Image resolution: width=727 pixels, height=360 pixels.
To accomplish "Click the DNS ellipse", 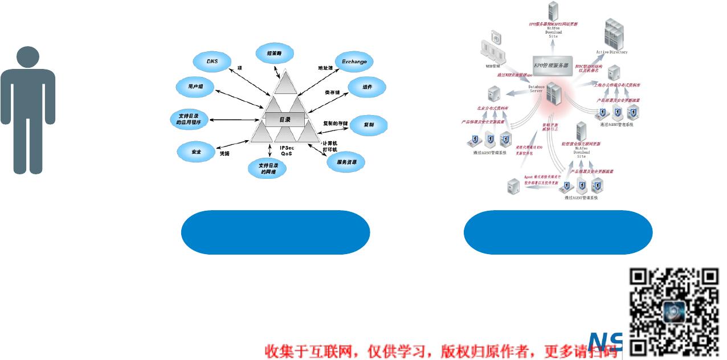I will pos(212,61).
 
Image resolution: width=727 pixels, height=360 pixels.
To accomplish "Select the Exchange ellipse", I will pos(354,62).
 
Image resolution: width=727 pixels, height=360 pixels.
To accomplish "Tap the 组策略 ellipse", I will pos(275,54).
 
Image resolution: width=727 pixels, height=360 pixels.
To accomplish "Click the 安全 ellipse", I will pos(196,152).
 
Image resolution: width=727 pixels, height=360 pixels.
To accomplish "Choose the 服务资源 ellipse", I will pos(346,162).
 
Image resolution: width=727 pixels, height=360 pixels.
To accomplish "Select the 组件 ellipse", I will pos(367,87).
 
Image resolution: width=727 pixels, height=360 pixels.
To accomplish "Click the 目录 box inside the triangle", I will pos(284,120).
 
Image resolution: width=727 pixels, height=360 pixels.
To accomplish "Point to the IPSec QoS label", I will pos(287,151).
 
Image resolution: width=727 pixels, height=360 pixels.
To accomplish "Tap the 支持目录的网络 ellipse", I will pos(267,169).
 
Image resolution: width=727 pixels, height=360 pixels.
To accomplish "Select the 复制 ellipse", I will pos(368,124).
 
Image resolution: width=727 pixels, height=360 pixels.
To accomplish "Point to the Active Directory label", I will pos(611,52).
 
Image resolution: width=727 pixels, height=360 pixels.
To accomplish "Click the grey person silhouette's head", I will pos(28,59).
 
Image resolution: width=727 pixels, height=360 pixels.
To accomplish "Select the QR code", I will pos(675,310).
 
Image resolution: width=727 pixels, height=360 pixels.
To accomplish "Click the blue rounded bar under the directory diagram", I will pos(275,232).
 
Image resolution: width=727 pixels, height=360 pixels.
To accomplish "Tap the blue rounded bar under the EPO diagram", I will pos(558,232).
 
